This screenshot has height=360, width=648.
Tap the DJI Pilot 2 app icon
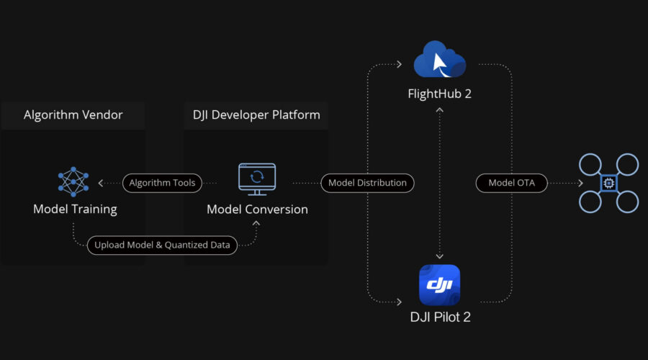[439, 285]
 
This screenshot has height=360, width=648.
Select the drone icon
[608, 184]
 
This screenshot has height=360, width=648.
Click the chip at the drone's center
[608, 184]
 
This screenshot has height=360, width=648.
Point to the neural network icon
[73, 182]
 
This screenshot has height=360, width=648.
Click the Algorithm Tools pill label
[162, 183]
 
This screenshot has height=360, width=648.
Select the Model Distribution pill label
[367, 183]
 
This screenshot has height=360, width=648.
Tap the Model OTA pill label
[510, 183]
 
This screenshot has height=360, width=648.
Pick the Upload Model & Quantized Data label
[162, 246]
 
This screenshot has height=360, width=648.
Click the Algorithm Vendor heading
[73, 115]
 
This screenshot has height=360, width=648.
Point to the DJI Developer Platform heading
[256, 115]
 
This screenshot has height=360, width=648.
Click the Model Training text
[75, 210]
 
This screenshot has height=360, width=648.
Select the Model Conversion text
[257, 210]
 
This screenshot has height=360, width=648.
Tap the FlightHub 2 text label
[438, 94]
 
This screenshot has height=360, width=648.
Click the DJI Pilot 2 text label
[438, 317]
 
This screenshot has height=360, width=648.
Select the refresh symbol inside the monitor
[257, 176]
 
